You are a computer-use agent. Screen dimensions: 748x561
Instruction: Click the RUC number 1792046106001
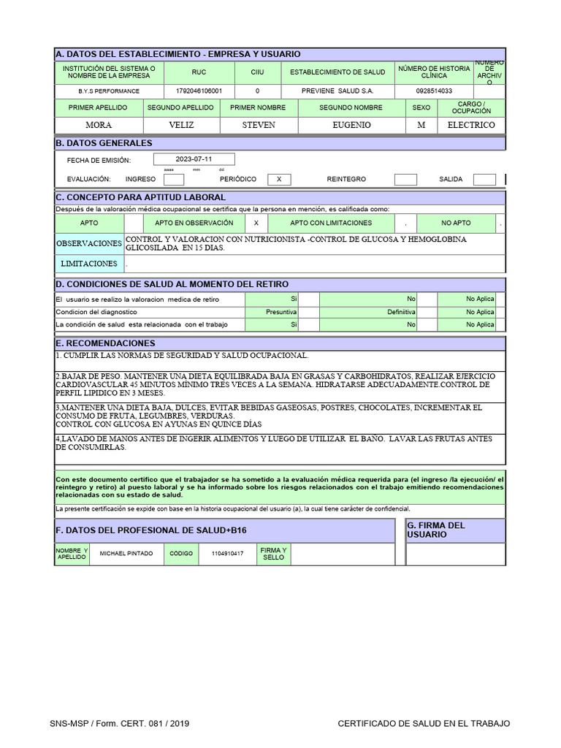[x=199, y=91]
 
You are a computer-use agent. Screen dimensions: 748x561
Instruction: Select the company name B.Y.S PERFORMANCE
[x=110, y=91]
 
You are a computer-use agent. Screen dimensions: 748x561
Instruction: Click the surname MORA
[x=99, y=125]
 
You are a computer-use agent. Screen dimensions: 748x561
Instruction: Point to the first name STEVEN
[x=259, y=125]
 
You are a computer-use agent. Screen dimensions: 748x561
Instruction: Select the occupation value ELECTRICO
[x=471, y=125]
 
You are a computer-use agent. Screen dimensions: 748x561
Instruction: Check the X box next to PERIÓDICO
[x=279, y=179]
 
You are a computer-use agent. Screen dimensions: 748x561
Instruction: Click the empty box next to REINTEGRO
[x=405, y=179]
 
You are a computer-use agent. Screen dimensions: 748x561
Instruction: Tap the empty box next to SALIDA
[x=484, y=179]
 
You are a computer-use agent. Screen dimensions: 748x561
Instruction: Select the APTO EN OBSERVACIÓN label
[x=194, y=223]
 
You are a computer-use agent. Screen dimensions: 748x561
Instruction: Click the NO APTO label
[x=456, y=223]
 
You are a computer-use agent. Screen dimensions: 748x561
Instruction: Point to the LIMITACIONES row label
[x=89, y=264]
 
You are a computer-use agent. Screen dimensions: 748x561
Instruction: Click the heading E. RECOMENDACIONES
[x=106, y=343]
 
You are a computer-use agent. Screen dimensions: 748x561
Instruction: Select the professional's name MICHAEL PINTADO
[x=126, y=554]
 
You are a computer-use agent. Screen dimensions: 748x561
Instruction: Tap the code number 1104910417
[x=228, y=554]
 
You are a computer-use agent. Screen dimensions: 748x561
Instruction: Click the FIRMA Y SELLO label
[x=273, y=554]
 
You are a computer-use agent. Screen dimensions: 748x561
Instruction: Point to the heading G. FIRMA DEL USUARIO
[x=436, y=530]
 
